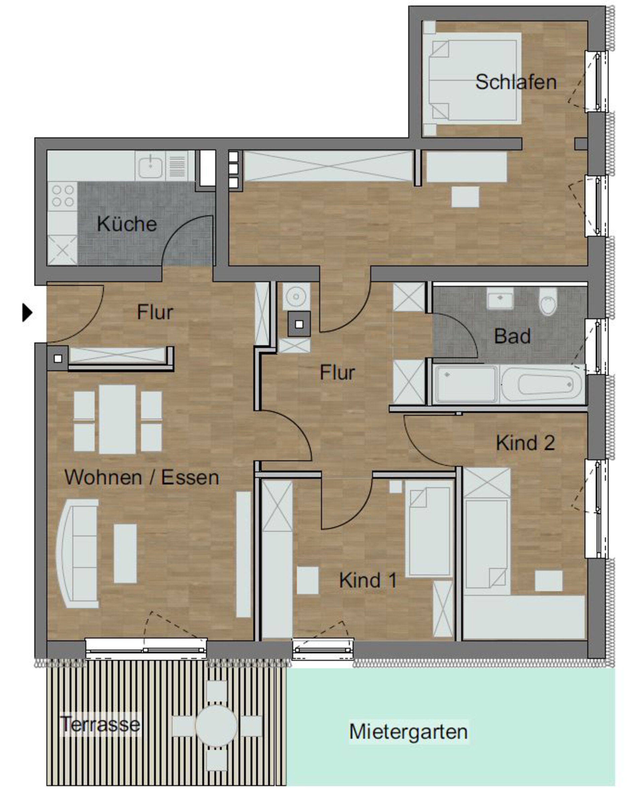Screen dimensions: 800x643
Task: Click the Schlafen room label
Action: coord(516,82)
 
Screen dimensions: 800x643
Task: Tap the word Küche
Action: coord(127,224)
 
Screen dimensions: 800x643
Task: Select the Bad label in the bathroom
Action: coord(512,336)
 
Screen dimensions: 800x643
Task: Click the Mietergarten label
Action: coord(408,731)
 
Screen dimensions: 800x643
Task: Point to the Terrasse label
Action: coord(100,724)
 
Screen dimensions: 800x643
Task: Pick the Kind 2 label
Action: coord(525,443)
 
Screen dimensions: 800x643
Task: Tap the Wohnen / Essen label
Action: coord(142,477)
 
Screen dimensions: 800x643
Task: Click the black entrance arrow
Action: coord(27,313)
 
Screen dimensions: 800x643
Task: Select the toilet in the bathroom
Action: coord(548,301)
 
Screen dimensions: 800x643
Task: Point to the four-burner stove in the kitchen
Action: coord(62,196)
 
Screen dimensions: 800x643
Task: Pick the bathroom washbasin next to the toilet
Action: coord(500,299)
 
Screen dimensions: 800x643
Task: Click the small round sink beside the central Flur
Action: coord(296,296)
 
